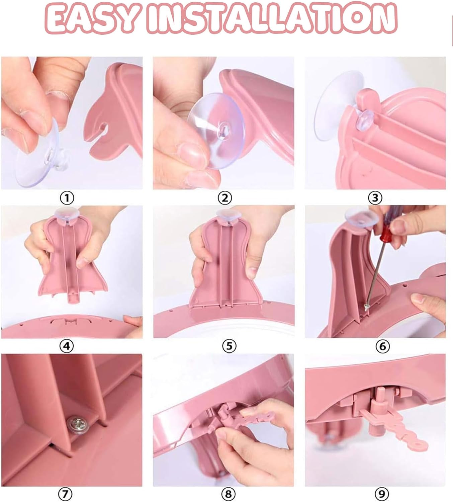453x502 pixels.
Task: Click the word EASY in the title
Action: (x=93, y=18)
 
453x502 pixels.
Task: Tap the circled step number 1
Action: (x=67, y=198)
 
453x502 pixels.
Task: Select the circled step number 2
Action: (x=225, y=198)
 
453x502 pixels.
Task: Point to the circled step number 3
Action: (x=375, y=198)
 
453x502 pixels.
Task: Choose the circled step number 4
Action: (x=67, y=347)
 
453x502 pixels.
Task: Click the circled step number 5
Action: (x=229, y=347)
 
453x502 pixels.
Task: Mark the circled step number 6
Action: (x=383, y=347)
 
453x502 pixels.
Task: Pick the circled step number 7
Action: (x=65, y=494)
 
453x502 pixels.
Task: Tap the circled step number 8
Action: (x=228, y=494)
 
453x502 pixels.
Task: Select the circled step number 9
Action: (x=382, y=494)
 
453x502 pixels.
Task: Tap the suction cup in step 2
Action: (x=216, y=131)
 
